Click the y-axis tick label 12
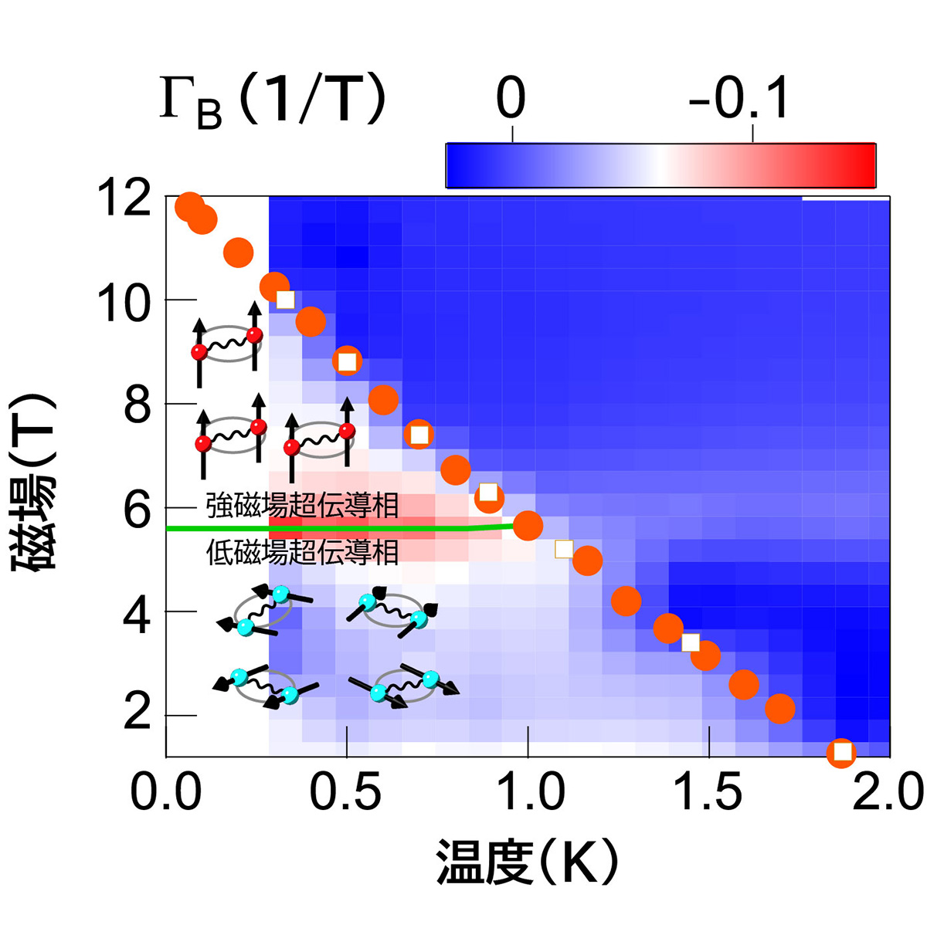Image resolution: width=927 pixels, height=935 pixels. (x=124, y=198)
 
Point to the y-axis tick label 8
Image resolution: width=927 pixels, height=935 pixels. (x=138, y=405)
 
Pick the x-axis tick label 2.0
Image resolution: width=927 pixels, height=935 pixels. (x=888, y=793)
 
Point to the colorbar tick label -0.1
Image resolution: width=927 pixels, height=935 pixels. (x=739, y=99)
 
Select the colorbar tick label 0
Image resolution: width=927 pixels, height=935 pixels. (x=511, y=99)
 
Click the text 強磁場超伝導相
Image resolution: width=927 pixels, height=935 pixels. (x=302, y=506)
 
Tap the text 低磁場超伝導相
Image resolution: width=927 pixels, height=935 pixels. (x=302, y=551)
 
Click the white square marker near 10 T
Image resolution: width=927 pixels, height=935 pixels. (x=286, y=300)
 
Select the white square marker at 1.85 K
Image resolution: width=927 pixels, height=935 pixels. (x=842, y=751)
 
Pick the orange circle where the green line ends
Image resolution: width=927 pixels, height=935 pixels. (x=528, y=526)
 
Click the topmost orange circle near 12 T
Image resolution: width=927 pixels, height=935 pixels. (x=189, y=207)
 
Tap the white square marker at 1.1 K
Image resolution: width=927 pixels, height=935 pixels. (x=564, y=549)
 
